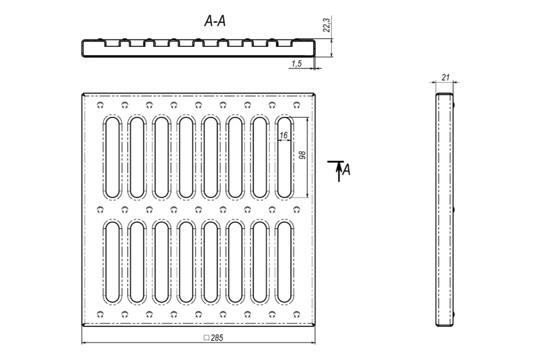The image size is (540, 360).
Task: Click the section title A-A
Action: tap(215, 21)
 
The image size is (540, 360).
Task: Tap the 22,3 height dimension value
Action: tap(327, 25)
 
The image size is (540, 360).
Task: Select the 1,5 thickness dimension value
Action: tap(297, 63)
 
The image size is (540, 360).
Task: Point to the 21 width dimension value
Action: tap(445, 77)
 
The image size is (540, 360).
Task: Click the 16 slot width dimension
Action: tap(283, 135)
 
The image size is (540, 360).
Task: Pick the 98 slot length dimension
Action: tap(302, 155)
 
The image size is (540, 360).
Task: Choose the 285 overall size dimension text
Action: tap(217, 338)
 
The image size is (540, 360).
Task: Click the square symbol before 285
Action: tap(207, 337)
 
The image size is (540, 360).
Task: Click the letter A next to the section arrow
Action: tap(346, 170)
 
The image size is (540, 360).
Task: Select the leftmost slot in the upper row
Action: tap(112, 157)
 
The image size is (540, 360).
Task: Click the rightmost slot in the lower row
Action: tap(284, 262)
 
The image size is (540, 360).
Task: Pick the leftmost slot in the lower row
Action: tap(112, 262)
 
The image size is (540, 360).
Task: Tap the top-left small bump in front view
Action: tap(100, 105)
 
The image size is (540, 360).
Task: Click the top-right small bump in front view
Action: tap(297, 105)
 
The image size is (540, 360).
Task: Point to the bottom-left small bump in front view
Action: tap(100, 315)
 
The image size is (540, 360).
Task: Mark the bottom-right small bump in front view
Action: tap(297, 315)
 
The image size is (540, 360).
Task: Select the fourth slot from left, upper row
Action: tap(186, 157)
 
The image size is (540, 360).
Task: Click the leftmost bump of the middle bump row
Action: tap(100, 210)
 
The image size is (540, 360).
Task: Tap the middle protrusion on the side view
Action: tap(454, 210)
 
